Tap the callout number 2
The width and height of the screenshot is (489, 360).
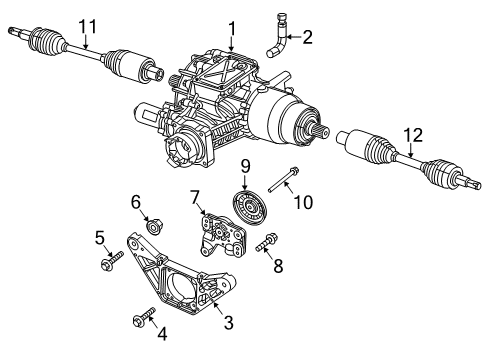point(308,38)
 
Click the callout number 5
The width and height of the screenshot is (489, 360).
point(100,237)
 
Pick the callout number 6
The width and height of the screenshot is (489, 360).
point(136,201)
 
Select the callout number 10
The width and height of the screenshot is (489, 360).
point(301,202)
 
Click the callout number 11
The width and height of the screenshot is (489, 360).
point(87,26)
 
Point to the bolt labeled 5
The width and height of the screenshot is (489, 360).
point(111,263)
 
